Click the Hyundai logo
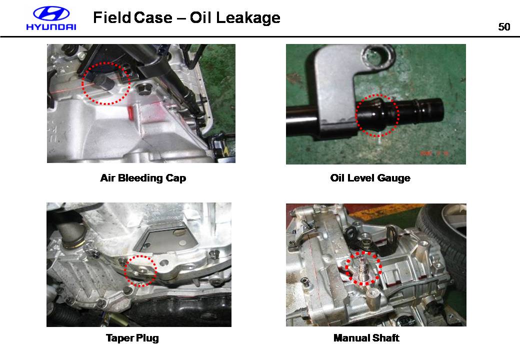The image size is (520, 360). (x=51, y=18)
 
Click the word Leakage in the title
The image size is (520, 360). (x=248, y=18)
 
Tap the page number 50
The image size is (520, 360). (x=504, y=27)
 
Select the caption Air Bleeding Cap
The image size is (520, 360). (x=143, y=178)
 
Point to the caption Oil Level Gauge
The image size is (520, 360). (x=370, y=178)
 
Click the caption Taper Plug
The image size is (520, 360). (x=132, y=338)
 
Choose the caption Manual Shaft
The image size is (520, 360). (x=366, y=338)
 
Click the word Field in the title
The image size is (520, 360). (x=112, y=17)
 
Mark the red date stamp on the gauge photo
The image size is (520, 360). (x=434, y=153)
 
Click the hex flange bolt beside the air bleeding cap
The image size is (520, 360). (x=143, y=89)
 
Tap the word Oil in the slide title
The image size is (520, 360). (x=200, y=17)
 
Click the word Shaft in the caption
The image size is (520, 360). (x=385, y=338)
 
